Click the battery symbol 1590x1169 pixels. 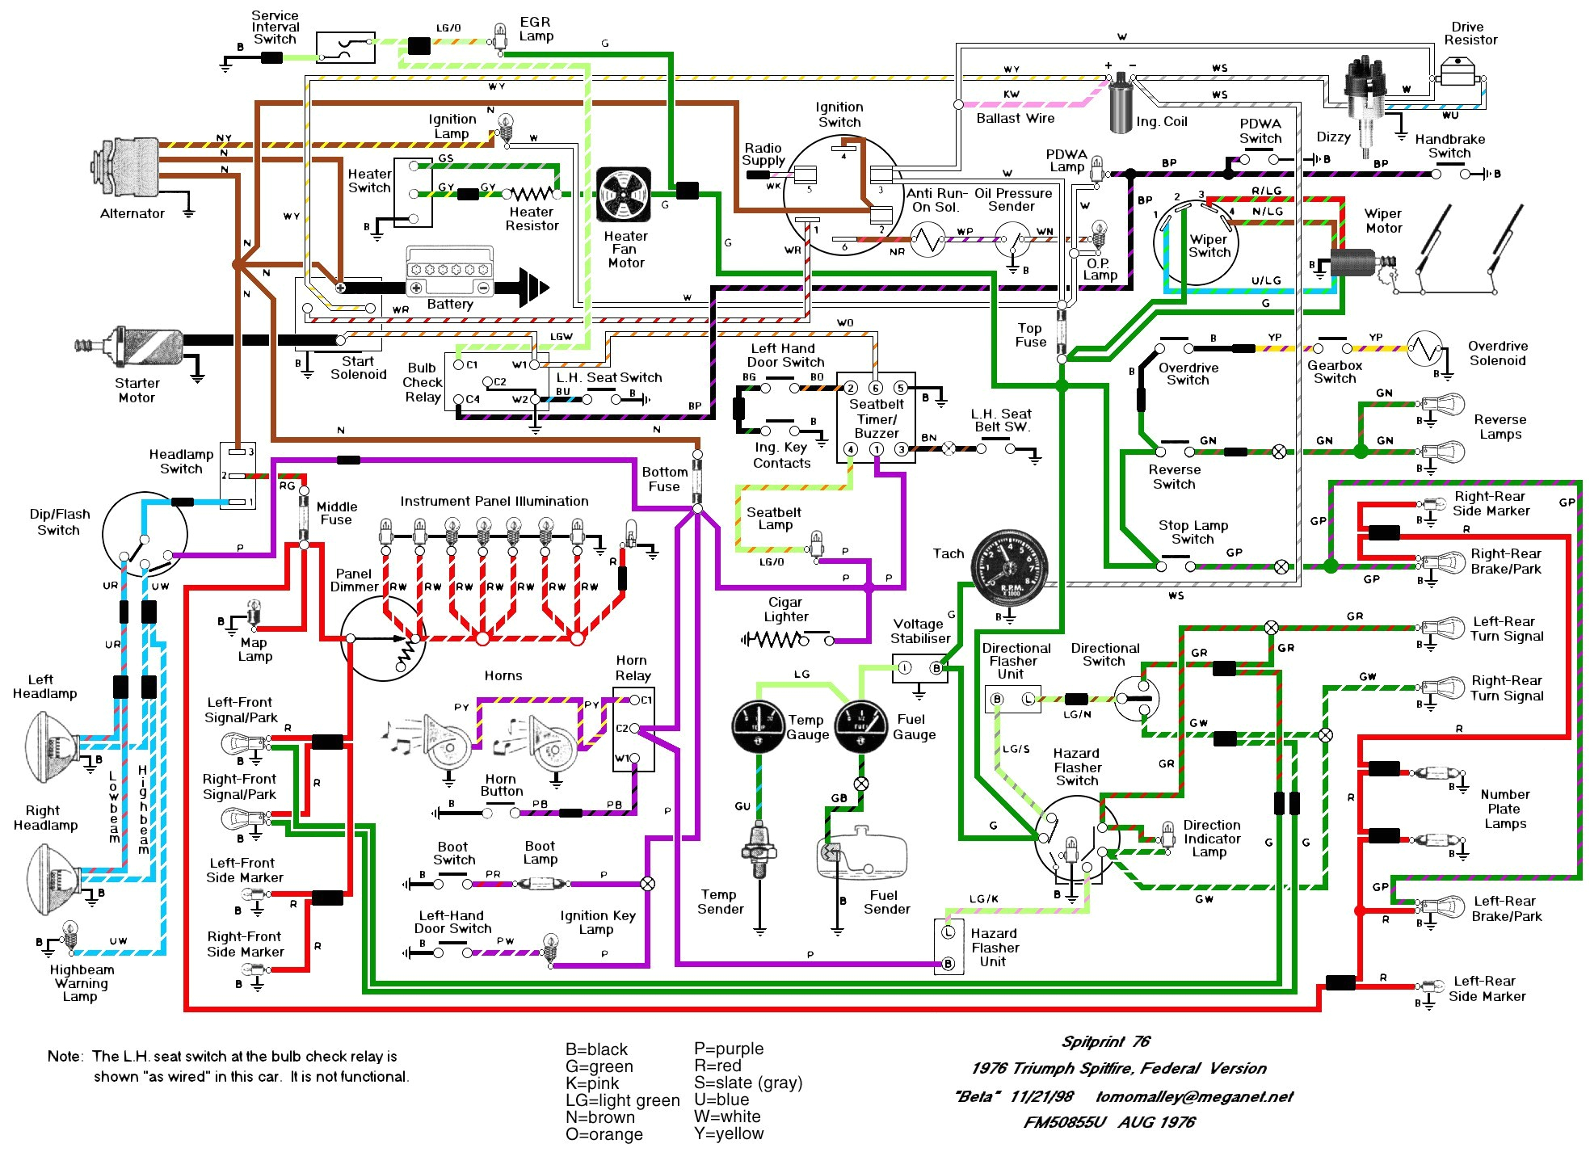(x=449, y=275)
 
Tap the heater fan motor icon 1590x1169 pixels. (x=623, y=195)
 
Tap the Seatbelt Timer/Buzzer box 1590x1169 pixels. (x=876, y=418)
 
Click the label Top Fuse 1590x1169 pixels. (x=1029, y=334)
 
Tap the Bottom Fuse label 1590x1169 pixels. (x=664, y=479)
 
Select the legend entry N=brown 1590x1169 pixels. (x=599, y=1117)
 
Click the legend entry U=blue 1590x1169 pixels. (x=721, y=1100)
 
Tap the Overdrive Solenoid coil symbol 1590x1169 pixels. (x=1424, y=349)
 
